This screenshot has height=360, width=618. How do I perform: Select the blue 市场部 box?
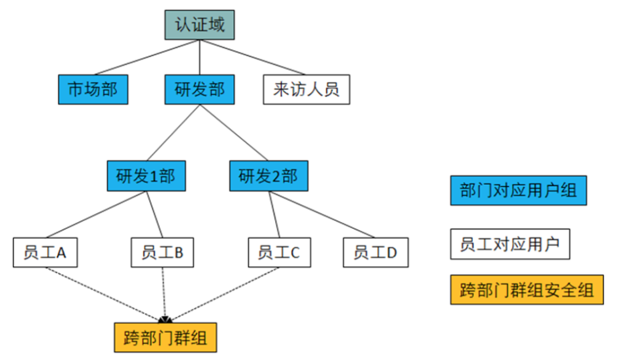[93, 90]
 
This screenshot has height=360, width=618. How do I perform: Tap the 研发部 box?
[200, 90]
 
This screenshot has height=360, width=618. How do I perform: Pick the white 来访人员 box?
[306, 90]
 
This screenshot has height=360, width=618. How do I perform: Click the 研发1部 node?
[146, 176]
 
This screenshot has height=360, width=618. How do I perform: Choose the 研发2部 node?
[269, 176]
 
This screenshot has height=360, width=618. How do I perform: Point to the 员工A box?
[45, 252]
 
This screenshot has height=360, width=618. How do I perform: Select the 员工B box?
[163, 252]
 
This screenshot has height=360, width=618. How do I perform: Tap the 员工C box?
[279, 252]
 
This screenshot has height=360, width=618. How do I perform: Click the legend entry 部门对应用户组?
[518, 190]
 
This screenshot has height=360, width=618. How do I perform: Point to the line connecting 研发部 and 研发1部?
[173, 133]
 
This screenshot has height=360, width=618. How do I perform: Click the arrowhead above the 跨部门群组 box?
[166, 319]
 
